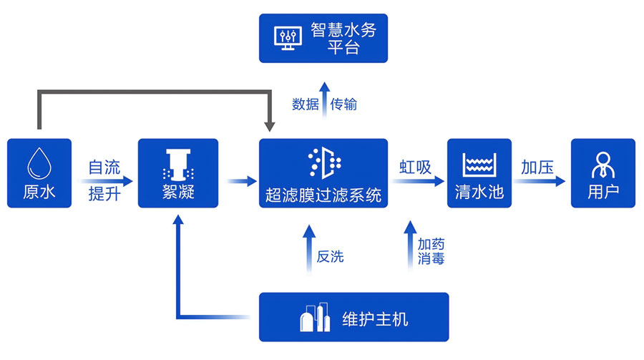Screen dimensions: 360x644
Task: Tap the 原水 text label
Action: [x=39, y=193]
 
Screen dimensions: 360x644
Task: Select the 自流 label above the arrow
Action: [x=104, y=168]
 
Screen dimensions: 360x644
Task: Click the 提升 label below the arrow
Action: [x=104, y=194]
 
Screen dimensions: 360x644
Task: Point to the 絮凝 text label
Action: [x=177, y=193]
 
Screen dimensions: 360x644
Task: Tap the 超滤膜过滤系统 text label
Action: [x=323, y=194]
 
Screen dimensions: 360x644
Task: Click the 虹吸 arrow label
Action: [x=415, y=168]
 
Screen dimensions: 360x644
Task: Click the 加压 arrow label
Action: [x=537, y=168]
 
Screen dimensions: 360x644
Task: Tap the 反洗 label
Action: [x=330, y=256]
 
